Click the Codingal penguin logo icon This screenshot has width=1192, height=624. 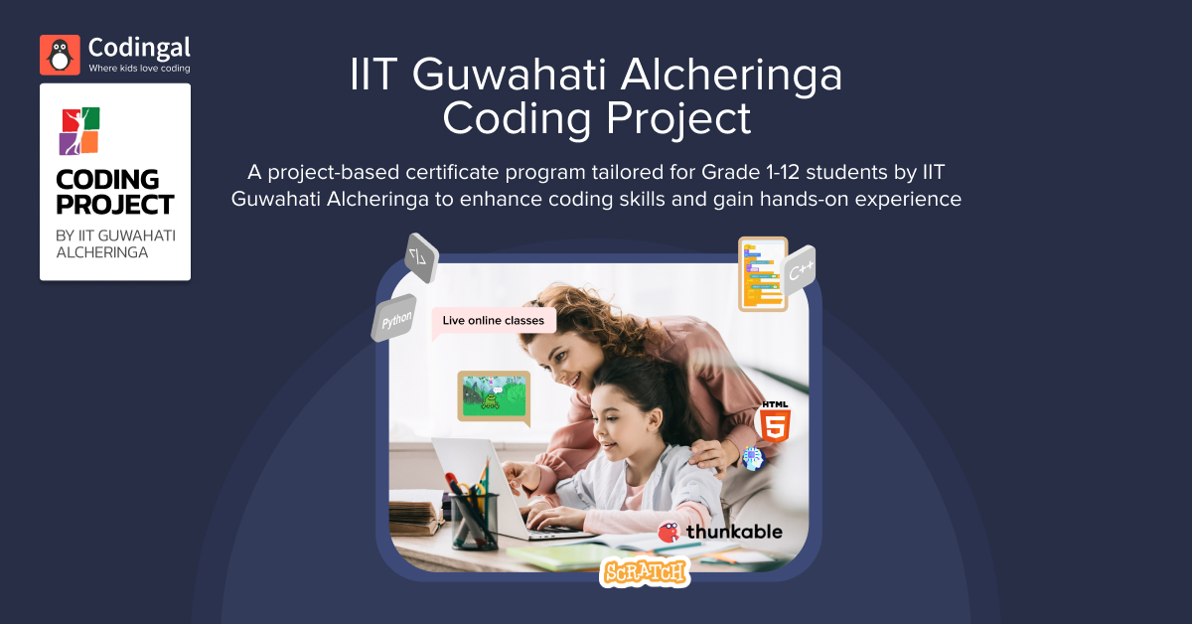click(60, 55)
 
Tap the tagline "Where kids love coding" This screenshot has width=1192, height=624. click(139, 69)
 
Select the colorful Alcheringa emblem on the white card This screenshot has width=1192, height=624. click(79, 131)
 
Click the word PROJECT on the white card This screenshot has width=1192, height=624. click(115, 205)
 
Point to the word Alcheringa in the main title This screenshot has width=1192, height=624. click(731, 75)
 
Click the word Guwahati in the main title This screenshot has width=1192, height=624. click(510, 75)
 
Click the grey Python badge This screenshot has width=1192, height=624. click(394, 318)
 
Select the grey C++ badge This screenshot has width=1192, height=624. click(799, 270)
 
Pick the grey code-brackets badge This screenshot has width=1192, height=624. click(421, 257)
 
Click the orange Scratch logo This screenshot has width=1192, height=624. click(645, 572)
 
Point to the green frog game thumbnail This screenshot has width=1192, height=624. click(494, 396)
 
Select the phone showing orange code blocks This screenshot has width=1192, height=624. click(763, 273)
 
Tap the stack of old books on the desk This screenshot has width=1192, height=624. click(415, 512)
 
